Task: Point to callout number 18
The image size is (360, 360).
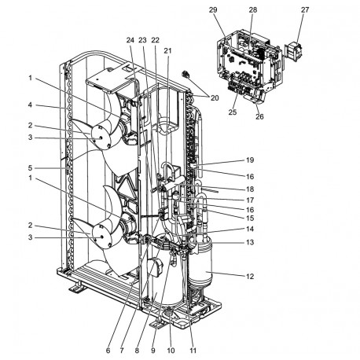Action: [248, 189]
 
